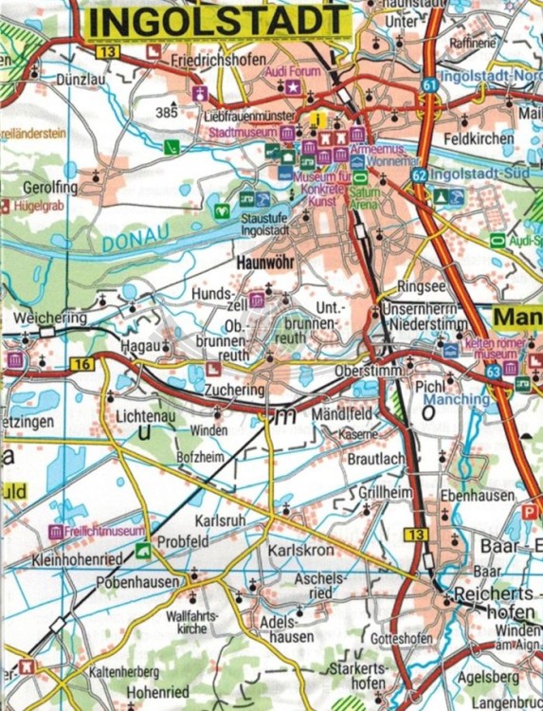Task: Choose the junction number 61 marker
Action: tap(431, 85)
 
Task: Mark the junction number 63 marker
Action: tap(494, 373)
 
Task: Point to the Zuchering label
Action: tap(231, 390)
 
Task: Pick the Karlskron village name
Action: tap(298, 551)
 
